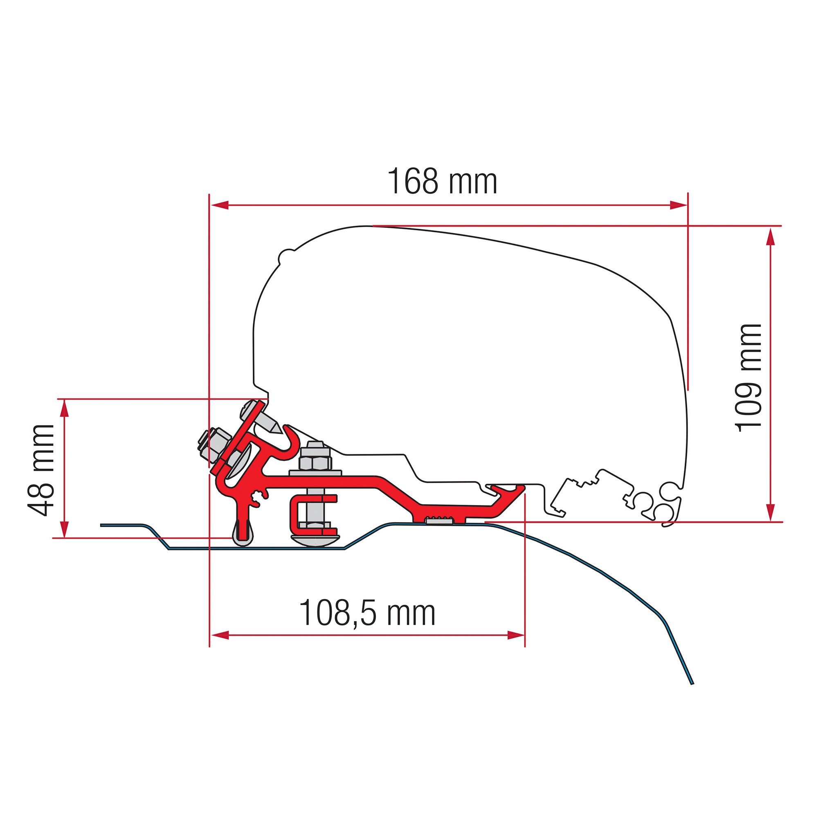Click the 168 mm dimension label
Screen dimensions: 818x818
442,182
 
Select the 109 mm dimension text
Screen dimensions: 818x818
749,378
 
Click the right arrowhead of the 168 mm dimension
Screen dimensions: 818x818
678,205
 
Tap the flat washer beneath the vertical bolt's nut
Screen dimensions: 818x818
315,472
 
